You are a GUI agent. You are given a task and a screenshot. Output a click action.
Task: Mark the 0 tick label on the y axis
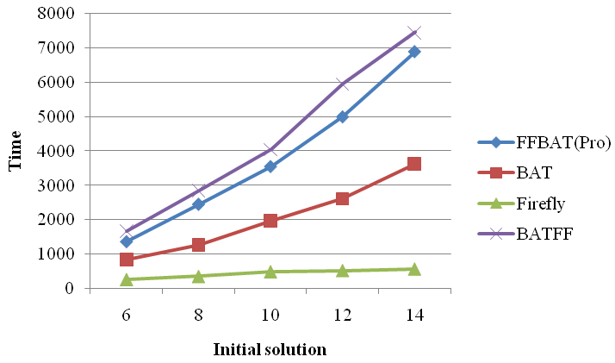(67, 288)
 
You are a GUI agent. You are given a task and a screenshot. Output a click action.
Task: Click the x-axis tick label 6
(127, 316)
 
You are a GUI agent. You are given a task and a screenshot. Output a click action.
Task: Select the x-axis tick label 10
(270, 316)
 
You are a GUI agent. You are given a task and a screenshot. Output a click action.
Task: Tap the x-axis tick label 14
(413, 316)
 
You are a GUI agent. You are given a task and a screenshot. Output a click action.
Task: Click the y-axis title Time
(16, 151)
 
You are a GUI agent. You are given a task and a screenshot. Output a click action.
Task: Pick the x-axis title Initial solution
(270, 349)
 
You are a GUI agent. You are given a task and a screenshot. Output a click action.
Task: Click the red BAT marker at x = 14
(414, 164)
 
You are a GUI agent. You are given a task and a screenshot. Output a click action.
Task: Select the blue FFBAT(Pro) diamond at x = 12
(342, 116)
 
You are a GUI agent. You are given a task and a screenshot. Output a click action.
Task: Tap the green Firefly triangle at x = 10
(270, 272)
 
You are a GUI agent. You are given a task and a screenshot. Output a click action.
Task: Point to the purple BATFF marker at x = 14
(414, 32)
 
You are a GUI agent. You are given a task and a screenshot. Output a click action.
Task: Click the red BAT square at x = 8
(198, 245)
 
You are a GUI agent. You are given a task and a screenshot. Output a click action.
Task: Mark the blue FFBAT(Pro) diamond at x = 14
(414, 52)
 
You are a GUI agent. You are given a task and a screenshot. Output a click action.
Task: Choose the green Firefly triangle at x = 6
(127, 279)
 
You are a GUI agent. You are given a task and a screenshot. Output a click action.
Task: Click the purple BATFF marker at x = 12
(342, 84)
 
